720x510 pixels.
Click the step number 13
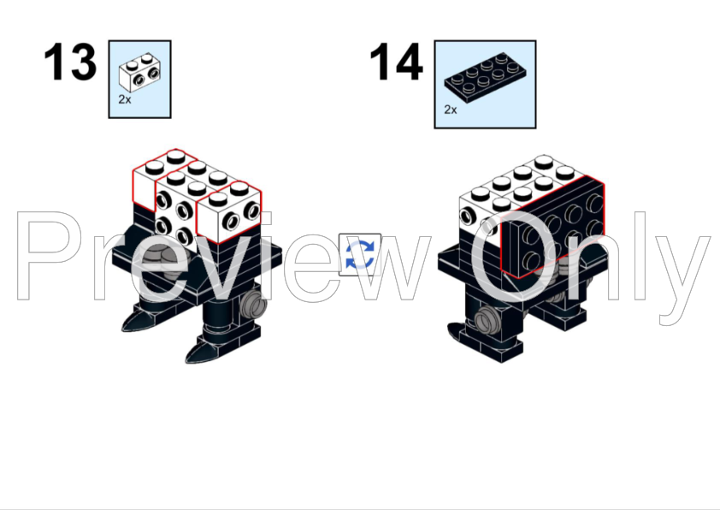(x=70, y=62)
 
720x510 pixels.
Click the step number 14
(x=396, y=62)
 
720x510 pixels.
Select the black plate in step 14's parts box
(x=486, y=77)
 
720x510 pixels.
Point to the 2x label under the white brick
(x=125, y=99)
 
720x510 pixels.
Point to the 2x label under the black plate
(x=451, y=110)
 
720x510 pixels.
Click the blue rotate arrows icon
(x=360, y=255)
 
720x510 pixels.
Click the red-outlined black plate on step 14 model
(x=553, y=228)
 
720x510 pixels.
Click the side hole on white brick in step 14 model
(x=469, y=216)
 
